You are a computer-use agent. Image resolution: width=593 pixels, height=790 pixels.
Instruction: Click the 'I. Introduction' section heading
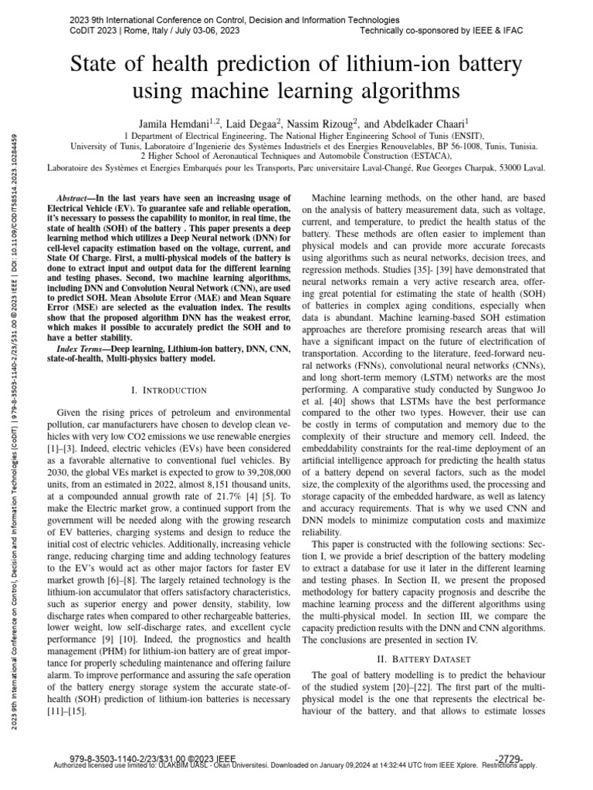(169, 390)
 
